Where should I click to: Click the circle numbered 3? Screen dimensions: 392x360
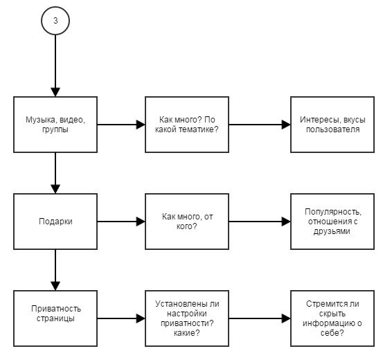pos(55,21)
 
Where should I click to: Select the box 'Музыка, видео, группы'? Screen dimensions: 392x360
pos(55,125)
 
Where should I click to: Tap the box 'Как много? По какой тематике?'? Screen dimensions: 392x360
pos(187,125)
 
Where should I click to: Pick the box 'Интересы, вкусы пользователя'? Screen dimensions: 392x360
pos(332,125)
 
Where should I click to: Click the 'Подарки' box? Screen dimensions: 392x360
pos(55,222)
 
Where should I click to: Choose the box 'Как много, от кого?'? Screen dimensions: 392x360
pos(187,222)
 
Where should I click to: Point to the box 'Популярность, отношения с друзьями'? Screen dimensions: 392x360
pos(332,222)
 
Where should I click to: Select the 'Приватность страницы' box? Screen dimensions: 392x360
pos(55,318)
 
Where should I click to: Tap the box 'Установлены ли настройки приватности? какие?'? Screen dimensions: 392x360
pos(187,318)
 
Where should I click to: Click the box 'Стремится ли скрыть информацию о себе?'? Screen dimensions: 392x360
pos(332,318)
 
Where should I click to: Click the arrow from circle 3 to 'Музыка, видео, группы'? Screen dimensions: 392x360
pos(55,66)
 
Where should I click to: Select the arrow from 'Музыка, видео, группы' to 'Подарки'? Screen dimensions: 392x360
pos(55,173)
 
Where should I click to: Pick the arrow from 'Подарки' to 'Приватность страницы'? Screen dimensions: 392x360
pos(55,270)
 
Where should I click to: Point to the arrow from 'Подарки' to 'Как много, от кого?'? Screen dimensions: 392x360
pos(121,222)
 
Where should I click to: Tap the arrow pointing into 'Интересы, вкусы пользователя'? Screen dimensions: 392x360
pos(260,125)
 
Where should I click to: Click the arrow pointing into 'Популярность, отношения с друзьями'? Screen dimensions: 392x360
pos(260,222)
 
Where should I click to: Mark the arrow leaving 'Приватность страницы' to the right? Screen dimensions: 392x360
pos(121,318)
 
